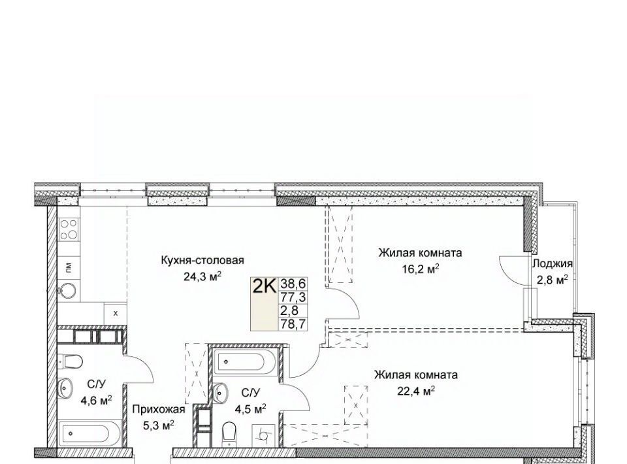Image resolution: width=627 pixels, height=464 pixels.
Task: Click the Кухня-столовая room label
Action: click(202, 260)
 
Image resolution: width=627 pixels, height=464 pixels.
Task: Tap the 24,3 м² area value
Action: click(202, 277)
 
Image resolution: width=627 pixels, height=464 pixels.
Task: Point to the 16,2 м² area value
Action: click(421, 269)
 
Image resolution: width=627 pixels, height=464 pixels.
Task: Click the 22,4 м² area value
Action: click(416, 391)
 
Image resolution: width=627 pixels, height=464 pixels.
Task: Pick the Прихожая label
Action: click(158, 409)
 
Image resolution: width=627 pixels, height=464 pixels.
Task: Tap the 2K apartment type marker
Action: click(264, 286)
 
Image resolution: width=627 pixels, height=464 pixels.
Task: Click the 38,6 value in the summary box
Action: click(293, 284)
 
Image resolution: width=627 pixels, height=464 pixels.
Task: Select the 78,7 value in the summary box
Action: click(293, 323)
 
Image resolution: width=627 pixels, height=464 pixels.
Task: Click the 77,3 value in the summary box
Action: click(293, 297)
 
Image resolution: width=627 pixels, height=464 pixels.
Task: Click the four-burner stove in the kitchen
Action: click(69, 229)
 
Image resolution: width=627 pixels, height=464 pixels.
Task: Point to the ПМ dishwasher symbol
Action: click(69, 266)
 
